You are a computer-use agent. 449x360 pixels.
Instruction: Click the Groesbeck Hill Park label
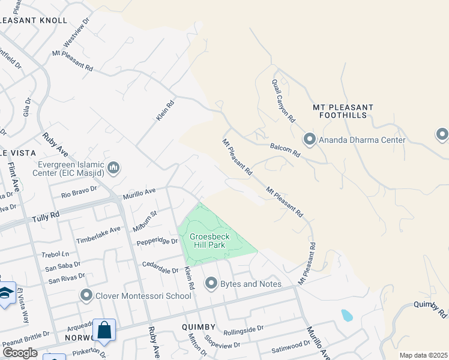pos(210,241)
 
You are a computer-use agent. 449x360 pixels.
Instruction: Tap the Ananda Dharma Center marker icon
pos(310,140)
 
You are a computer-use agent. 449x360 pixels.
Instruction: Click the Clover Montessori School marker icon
pos(86,295)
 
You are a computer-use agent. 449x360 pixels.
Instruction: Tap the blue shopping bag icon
pos(104,330)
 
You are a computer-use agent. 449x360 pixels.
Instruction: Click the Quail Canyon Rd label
pos(283,101)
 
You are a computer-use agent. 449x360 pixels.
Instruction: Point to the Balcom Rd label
pos(285,149)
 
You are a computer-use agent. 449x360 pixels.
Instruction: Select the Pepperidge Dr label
pos(157,241)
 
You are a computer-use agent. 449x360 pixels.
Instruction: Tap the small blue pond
pos(347,315)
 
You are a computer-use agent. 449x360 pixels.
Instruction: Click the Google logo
pos(20,353)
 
